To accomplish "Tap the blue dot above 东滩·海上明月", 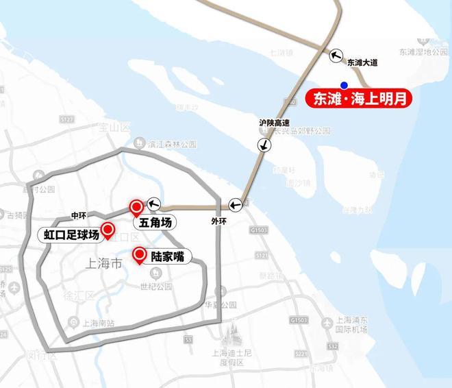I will pyautogui.click(x=353, y=84).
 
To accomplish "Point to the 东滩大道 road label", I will pyautogui.click(x=362, y=63).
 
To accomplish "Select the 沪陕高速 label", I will pyautogui.click(x=273, y=123).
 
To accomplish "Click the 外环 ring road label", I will pyautogui.click(x=219, y=222).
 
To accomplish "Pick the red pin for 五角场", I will pyautogui.click(x=136, y=206).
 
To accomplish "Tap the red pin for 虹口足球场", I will pyautogui.click(x=108, y=230).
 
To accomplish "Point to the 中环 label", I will pyautogui.click(x=80, y=215).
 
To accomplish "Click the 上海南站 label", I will pyautogui.click(x=98, y=323).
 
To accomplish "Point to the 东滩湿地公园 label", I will pyautogui.click(x=424, y=52).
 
